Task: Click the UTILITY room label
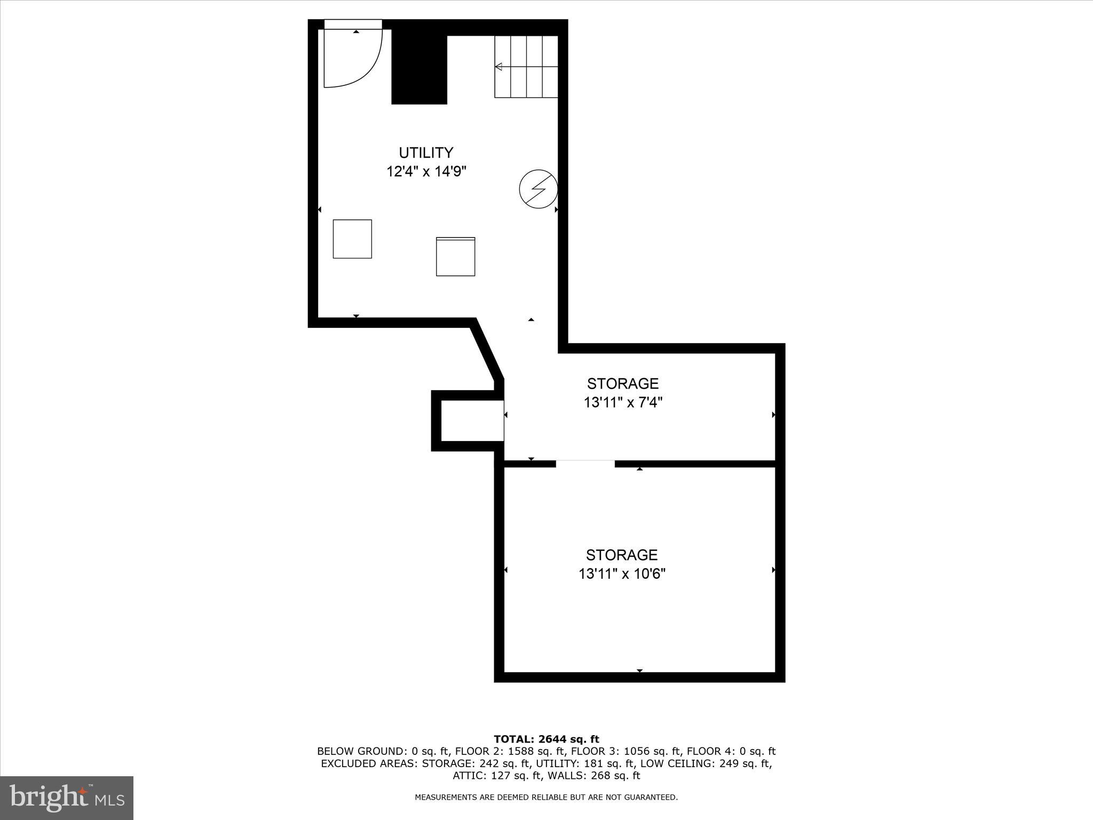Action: [x=426, y=153]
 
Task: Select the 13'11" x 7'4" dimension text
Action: [x=623, y=403]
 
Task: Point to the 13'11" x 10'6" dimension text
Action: [x=622, y=574]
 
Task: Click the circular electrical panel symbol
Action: [x=538, y=189]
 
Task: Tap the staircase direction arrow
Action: [x=499, y=67]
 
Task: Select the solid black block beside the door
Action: [x=419, y=67]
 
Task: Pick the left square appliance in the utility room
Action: [x=352, y=239]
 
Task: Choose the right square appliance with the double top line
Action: [x=455, y=257]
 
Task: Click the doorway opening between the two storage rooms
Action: [x=585, y=463]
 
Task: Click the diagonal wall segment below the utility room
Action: [x=486, y=350]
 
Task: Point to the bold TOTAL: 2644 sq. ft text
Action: [x=546, y=739]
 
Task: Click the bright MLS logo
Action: [x=67, y=798]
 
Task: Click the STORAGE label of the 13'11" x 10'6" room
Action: [x=621, y=555]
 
